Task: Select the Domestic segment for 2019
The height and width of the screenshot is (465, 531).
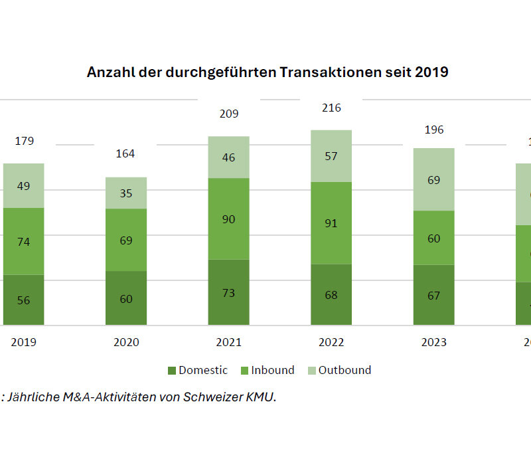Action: coord(23,300)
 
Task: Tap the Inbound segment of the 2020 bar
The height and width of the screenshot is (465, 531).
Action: coord(126,240)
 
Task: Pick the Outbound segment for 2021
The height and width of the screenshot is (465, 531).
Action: coord(228,157)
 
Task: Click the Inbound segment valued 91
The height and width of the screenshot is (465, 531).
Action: coord(331,223)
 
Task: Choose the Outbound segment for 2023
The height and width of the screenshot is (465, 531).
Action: coord(434,179)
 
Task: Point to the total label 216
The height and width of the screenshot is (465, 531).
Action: coord(331,108)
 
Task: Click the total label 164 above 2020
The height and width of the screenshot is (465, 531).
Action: coord(125,153)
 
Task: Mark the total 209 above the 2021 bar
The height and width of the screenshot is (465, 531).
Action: coord(228,114)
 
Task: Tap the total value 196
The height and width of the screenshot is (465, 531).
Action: coord(433,130)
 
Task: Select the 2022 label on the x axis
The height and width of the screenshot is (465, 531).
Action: coord(331,342)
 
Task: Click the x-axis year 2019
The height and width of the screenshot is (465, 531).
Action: coord(23,342)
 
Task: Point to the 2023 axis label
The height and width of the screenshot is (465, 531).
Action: coord(434,342)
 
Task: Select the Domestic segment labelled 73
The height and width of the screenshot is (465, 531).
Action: coord(228,292)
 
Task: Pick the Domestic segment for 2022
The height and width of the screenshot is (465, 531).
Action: coord(331,294)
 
